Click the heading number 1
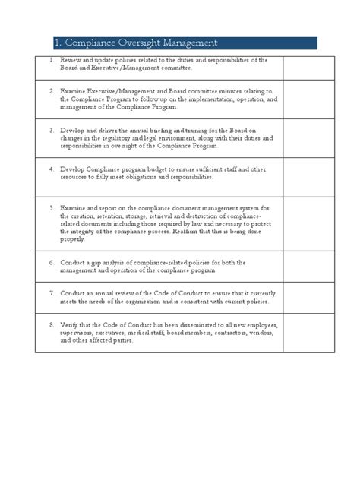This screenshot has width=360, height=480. point(58,43)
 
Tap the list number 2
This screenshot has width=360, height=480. point(51,90)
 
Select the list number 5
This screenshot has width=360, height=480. point(51,207)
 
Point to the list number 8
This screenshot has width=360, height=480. point(51,325)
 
